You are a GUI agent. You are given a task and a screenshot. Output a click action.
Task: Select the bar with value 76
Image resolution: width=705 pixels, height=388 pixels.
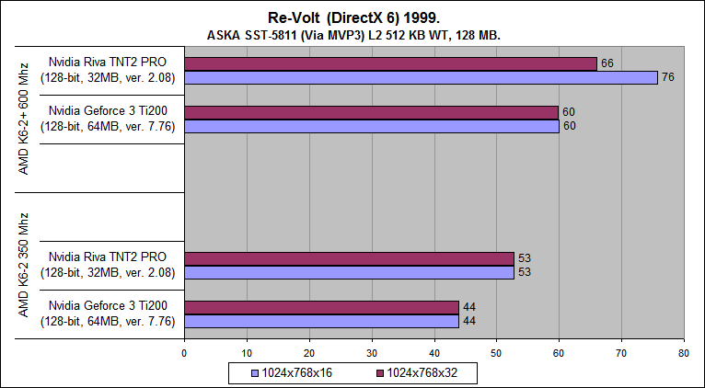pos(421,77)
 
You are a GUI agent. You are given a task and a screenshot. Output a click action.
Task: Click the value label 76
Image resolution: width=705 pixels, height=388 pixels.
pos(668,77)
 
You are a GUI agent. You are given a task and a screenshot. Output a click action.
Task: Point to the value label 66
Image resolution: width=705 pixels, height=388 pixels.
pos(607,63)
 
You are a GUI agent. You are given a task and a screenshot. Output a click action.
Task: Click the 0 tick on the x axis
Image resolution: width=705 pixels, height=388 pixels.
pos(184,352)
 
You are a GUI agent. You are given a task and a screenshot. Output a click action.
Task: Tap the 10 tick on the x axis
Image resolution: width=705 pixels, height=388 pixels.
pos(247,352)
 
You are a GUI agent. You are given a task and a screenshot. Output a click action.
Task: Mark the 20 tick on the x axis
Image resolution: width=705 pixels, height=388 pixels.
pos(309,352)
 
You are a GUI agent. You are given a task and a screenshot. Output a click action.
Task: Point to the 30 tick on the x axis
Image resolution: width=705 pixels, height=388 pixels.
pos(372,352)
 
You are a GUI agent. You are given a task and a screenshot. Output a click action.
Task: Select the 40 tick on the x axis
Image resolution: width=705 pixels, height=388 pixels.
pos(433,352)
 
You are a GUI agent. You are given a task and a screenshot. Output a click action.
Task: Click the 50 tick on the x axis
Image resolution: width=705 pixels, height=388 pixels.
pos(496,352)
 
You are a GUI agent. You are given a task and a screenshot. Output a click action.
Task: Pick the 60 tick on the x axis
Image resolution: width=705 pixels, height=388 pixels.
pos(559,352)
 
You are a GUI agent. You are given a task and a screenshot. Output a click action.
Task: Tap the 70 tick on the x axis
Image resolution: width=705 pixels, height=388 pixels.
pos(621,352)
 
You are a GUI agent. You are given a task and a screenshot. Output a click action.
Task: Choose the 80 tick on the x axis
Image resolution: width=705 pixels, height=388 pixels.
pos(683,352)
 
